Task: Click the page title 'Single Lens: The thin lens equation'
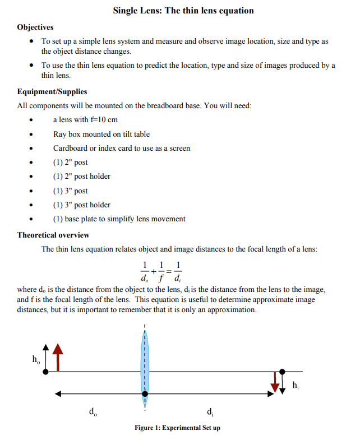coord(183,11)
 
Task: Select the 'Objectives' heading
coord(35,27)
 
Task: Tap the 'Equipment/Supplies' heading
coord(52,91)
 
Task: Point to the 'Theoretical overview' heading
coord(53,235)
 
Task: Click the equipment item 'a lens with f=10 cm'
coord(85,120)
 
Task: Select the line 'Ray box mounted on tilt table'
coord(101,134)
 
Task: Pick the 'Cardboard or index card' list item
coord(122,148)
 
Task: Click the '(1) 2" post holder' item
coord(82,176)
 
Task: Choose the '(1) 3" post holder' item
coord(82,205)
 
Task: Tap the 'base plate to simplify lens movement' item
coord(119,219)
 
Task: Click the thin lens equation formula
coord(160,271)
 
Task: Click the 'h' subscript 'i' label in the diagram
coord(296,385)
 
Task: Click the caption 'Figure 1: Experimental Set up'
coord(177,428)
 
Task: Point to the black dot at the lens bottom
coord(145,394)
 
